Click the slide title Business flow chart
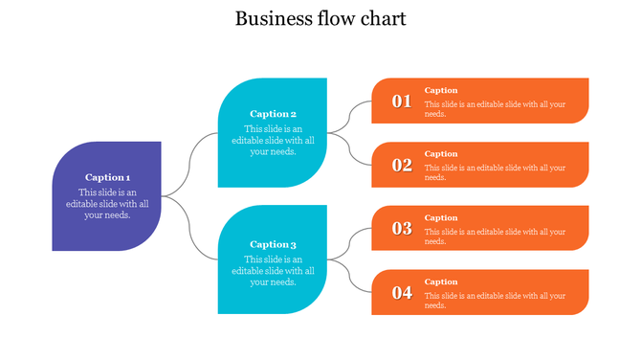(320, 18)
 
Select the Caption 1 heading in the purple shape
(107, 177)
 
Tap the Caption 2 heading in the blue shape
(273, 114)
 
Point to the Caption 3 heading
(273, 244)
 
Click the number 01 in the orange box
(402, 101)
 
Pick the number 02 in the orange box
(402, 166)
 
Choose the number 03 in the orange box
(402, 229)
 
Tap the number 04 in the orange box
(402, 293)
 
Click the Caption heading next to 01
(441, 90)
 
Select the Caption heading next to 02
(441, 154)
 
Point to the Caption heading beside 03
(441, 217)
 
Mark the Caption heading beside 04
(441, 281)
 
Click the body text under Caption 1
(107, 203)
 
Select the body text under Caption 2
(273, 140)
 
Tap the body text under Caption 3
(273, 270)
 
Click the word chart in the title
(382, 18)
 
